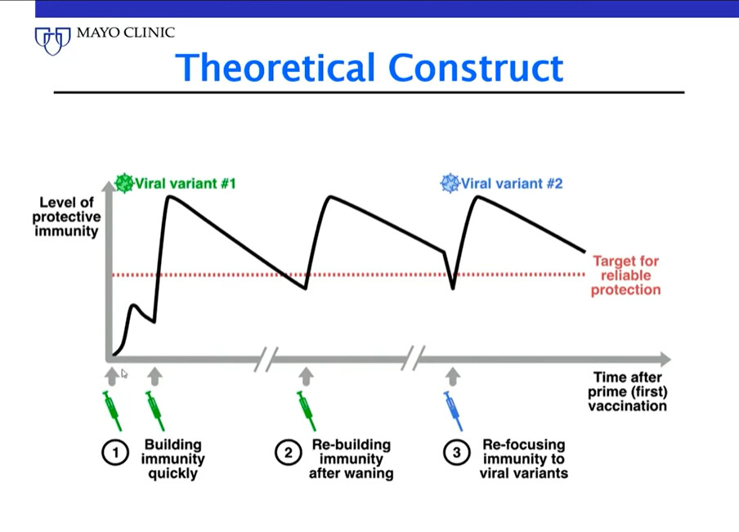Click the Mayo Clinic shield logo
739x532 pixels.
(x=53, y=41)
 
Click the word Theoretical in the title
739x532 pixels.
(x=275, y=67)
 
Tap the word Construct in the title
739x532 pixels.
(x=476, y=67)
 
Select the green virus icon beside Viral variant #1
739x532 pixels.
(x=124, y=183)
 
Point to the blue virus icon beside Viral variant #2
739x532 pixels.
(x=450, y=183)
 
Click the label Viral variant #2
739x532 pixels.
(x=512, y=183)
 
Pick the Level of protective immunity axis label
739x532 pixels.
(x=66, y=217)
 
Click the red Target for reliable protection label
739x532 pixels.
(x=625, y=275)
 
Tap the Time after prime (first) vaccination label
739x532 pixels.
(x=627, y=391)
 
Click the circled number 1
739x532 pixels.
(x=115, y=453)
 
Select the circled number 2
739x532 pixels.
(x=288, y=453)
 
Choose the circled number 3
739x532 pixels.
(x=456, y=453)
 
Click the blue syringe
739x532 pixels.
(x=453, y=411)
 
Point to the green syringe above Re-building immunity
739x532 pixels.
(x=306, y=411)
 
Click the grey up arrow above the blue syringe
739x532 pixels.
(x=453, y=377)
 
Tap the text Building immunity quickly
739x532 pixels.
(x=173, y=459)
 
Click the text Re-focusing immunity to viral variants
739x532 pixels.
(x=524, y=459)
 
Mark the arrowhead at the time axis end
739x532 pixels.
(x=665, y=359)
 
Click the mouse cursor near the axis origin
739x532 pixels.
(x=124, y=373)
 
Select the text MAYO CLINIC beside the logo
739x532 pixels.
(x=125, y=33)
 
